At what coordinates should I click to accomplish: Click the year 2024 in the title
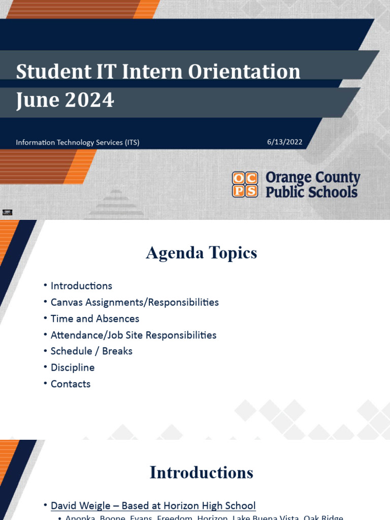[89, 101]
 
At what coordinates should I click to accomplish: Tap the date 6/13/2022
[284, 142]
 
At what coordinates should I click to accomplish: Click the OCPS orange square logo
[245, 184]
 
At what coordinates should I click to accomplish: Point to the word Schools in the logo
[334, 192]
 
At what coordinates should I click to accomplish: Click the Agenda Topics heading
[202, 253]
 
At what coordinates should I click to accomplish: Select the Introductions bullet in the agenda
[81, 286]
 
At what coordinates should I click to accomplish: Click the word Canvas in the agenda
[67, 303]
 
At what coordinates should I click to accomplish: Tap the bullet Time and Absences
[94, 319]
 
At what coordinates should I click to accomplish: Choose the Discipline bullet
[73, 368]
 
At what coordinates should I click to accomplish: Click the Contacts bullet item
[71, 384]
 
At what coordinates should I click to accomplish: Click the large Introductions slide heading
[201, 473]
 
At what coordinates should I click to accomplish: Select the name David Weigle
[81, 506]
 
